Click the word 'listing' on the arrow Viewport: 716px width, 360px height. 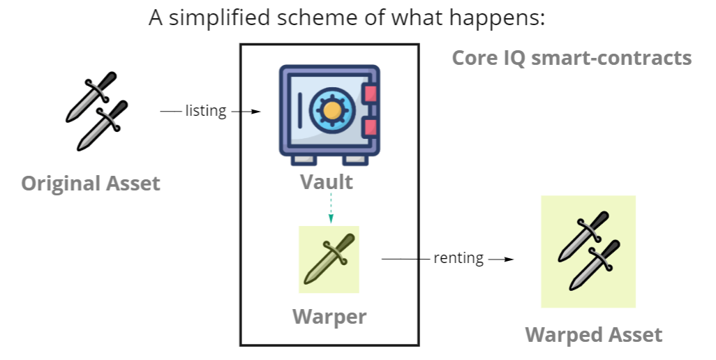click(x=205, y=111)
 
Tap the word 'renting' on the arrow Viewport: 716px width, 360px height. click(x=458, y=258)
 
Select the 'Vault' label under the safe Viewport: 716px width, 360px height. click(x=327, y=182)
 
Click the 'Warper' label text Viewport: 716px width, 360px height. click(x=329, y=317)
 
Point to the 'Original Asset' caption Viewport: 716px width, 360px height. click(x=91, y=184)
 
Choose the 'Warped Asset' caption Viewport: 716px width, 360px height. click(x=593, y=335)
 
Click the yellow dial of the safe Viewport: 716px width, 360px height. click(x=332, y=110)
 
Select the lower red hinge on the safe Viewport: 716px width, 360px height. click(x=371, y=127)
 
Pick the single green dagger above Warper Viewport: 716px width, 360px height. click(x=329, y=259)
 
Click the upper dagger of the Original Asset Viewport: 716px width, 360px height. click(x=91, y=96)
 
